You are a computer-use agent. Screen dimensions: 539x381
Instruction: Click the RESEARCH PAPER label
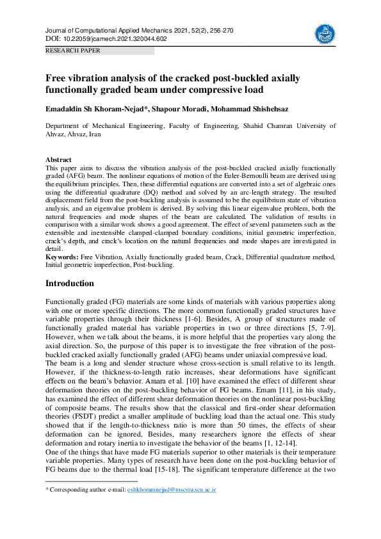(72, 49)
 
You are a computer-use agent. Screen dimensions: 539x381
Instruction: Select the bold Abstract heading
(58, 159)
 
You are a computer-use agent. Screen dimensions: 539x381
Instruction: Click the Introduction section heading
(70, 284)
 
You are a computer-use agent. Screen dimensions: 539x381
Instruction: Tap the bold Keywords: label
(62, 256)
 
